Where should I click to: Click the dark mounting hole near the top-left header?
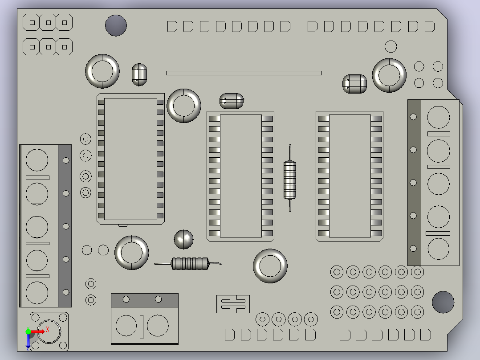[116, 25]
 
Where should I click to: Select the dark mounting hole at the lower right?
[443, 302]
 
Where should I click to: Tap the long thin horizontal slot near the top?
[244, 73]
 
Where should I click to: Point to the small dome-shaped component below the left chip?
[183, 239]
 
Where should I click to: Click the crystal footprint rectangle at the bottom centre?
[233, 304]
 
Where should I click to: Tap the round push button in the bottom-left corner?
[49, 331]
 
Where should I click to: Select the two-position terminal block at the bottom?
[144, 319]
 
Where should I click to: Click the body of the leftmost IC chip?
[131, 159]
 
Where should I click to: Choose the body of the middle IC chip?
[240, 176]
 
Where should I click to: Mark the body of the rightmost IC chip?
[350, 176]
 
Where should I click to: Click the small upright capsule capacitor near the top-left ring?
[139, 74]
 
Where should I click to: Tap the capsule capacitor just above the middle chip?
[232, 101]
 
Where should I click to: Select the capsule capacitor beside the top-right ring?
[354, 84]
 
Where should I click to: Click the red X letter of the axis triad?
[48, 329]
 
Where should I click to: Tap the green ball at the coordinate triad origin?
[28, 331]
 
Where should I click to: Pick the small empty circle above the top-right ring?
[391, 47]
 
